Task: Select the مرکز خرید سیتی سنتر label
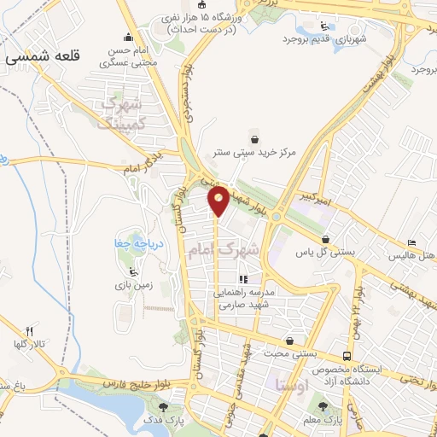point(256,153)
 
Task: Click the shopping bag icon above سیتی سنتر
point(253,137)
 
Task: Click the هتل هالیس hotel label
point(411,255)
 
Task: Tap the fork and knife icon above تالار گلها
point(29,330)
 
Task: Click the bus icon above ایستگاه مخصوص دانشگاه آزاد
point(346,355)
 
